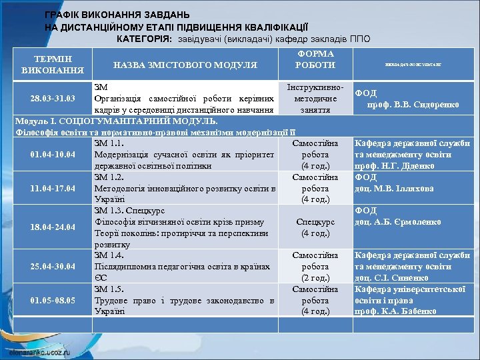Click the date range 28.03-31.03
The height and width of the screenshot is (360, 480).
click(x=53, y=99)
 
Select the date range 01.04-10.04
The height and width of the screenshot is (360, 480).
click(x=53, y=155)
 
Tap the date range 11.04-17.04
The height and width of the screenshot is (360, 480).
click(x=53, y=189)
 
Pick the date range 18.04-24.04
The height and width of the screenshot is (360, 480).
click(x=53, y=228)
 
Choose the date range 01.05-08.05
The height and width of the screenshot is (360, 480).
click(x=53, y=300)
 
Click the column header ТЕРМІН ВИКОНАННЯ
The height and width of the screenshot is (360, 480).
click(x=53, y=64)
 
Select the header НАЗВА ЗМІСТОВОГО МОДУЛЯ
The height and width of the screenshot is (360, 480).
click(x=185, y=65)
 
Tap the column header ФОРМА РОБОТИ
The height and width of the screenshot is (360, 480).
click(x=316, y=59)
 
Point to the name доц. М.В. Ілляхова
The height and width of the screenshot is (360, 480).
click(x=394, y=189)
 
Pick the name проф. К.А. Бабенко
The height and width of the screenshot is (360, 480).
click(x=395, y=311)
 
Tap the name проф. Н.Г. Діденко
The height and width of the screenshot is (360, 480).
click(x=395, y=166)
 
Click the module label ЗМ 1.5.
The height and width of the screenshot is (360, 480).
click(x=109, y=289)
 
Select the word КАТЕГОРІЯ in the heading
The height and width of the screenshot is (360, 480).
click(x=143, y=39)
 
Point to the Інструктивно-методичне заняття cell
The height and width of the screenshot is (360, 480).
click(x=315, y=99)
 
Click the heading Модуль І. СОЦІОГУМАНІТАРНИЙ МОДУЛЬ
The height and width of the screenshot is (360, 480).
click(x=116, y=121)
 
